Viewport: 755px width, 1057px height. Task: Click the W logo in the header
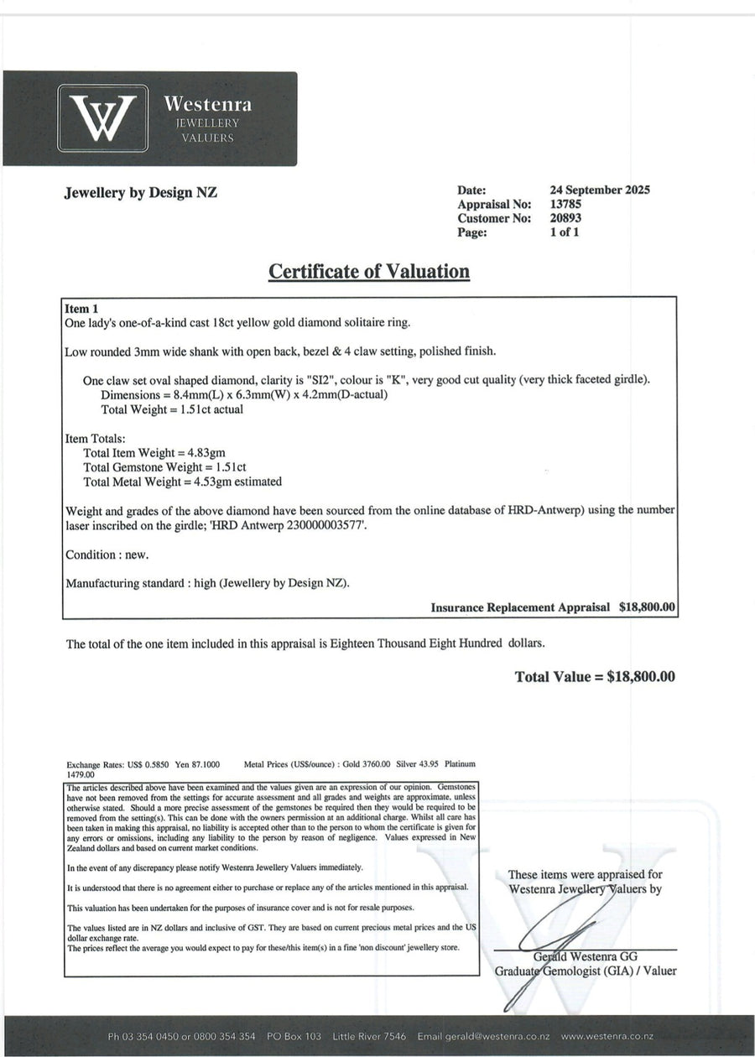coord(102,118)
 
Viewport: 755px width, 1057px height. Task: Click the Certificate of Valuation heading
coord(369,272)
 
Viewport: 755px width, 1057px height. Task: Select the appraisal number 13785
coord(566,204)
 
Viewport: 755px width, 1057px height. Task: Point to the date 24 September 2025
coord(600,190)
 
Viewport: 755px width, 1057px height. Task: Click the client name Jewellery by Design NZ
coord(141,192)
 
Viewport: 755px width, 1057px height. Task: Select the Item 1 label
coord(81,309)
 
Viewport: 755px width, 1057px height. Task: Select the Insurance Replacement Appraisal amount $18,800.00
coord(647,607)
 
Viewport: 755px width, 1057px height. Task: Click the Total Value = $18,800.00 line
coord(595,677)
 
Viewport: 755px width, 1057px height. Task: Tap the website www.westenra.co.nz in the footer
coord(607,1036)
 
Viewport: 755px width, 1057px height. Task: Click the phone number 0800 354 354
coord(225,1036)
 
